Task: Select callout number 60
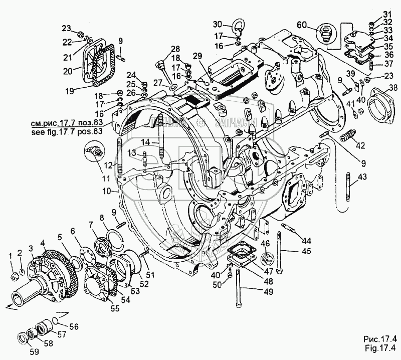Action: pyautogui.click(x=302, y=25)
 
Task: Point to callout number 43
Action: pyautogui.click(x=362, y=176)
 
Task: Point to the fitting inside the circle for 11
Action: pyautogui.click(x=94, y=149)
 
